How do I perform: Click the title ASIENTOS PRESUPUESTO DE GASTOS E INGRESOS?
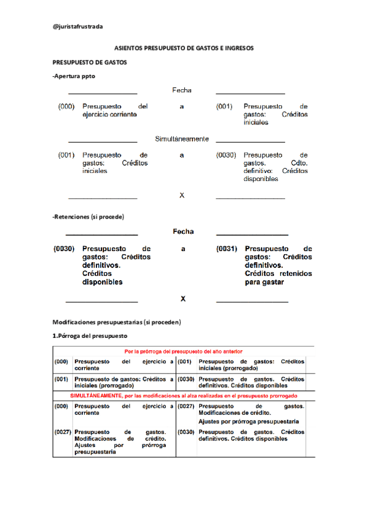(x=184, y=47)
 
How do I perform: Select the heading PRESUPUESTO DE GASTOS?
(x=90, y=62)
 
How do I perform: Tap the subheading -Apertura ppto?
(x=74, y=76)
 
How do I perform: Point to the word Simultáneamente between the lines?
(x=182, y=139)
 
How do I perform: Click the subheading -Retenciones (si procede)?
(x=88, y=217)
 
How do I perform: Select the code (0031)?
(x=227, y=249)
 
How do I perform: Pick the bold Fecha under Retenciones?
(x=182, y=232)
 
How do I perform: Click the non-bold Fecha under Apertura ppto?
(x=182, y=90)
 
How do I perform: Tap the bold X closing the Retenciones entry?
(x=182, y=299)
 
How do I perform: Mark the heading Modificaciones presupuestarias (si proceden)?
(x=117, y=322)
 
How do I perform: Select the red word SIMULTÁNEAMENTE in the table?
(x=96, y=396)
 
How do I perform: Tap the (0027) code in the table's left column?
(x=61, y=432)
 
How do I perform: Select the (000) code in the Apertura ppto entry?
(x=66, y=106)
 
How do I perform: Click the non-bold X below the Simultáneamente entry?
(x=182, y=195)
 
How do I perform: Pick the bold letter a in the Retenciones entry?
(x=182, y=249)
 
